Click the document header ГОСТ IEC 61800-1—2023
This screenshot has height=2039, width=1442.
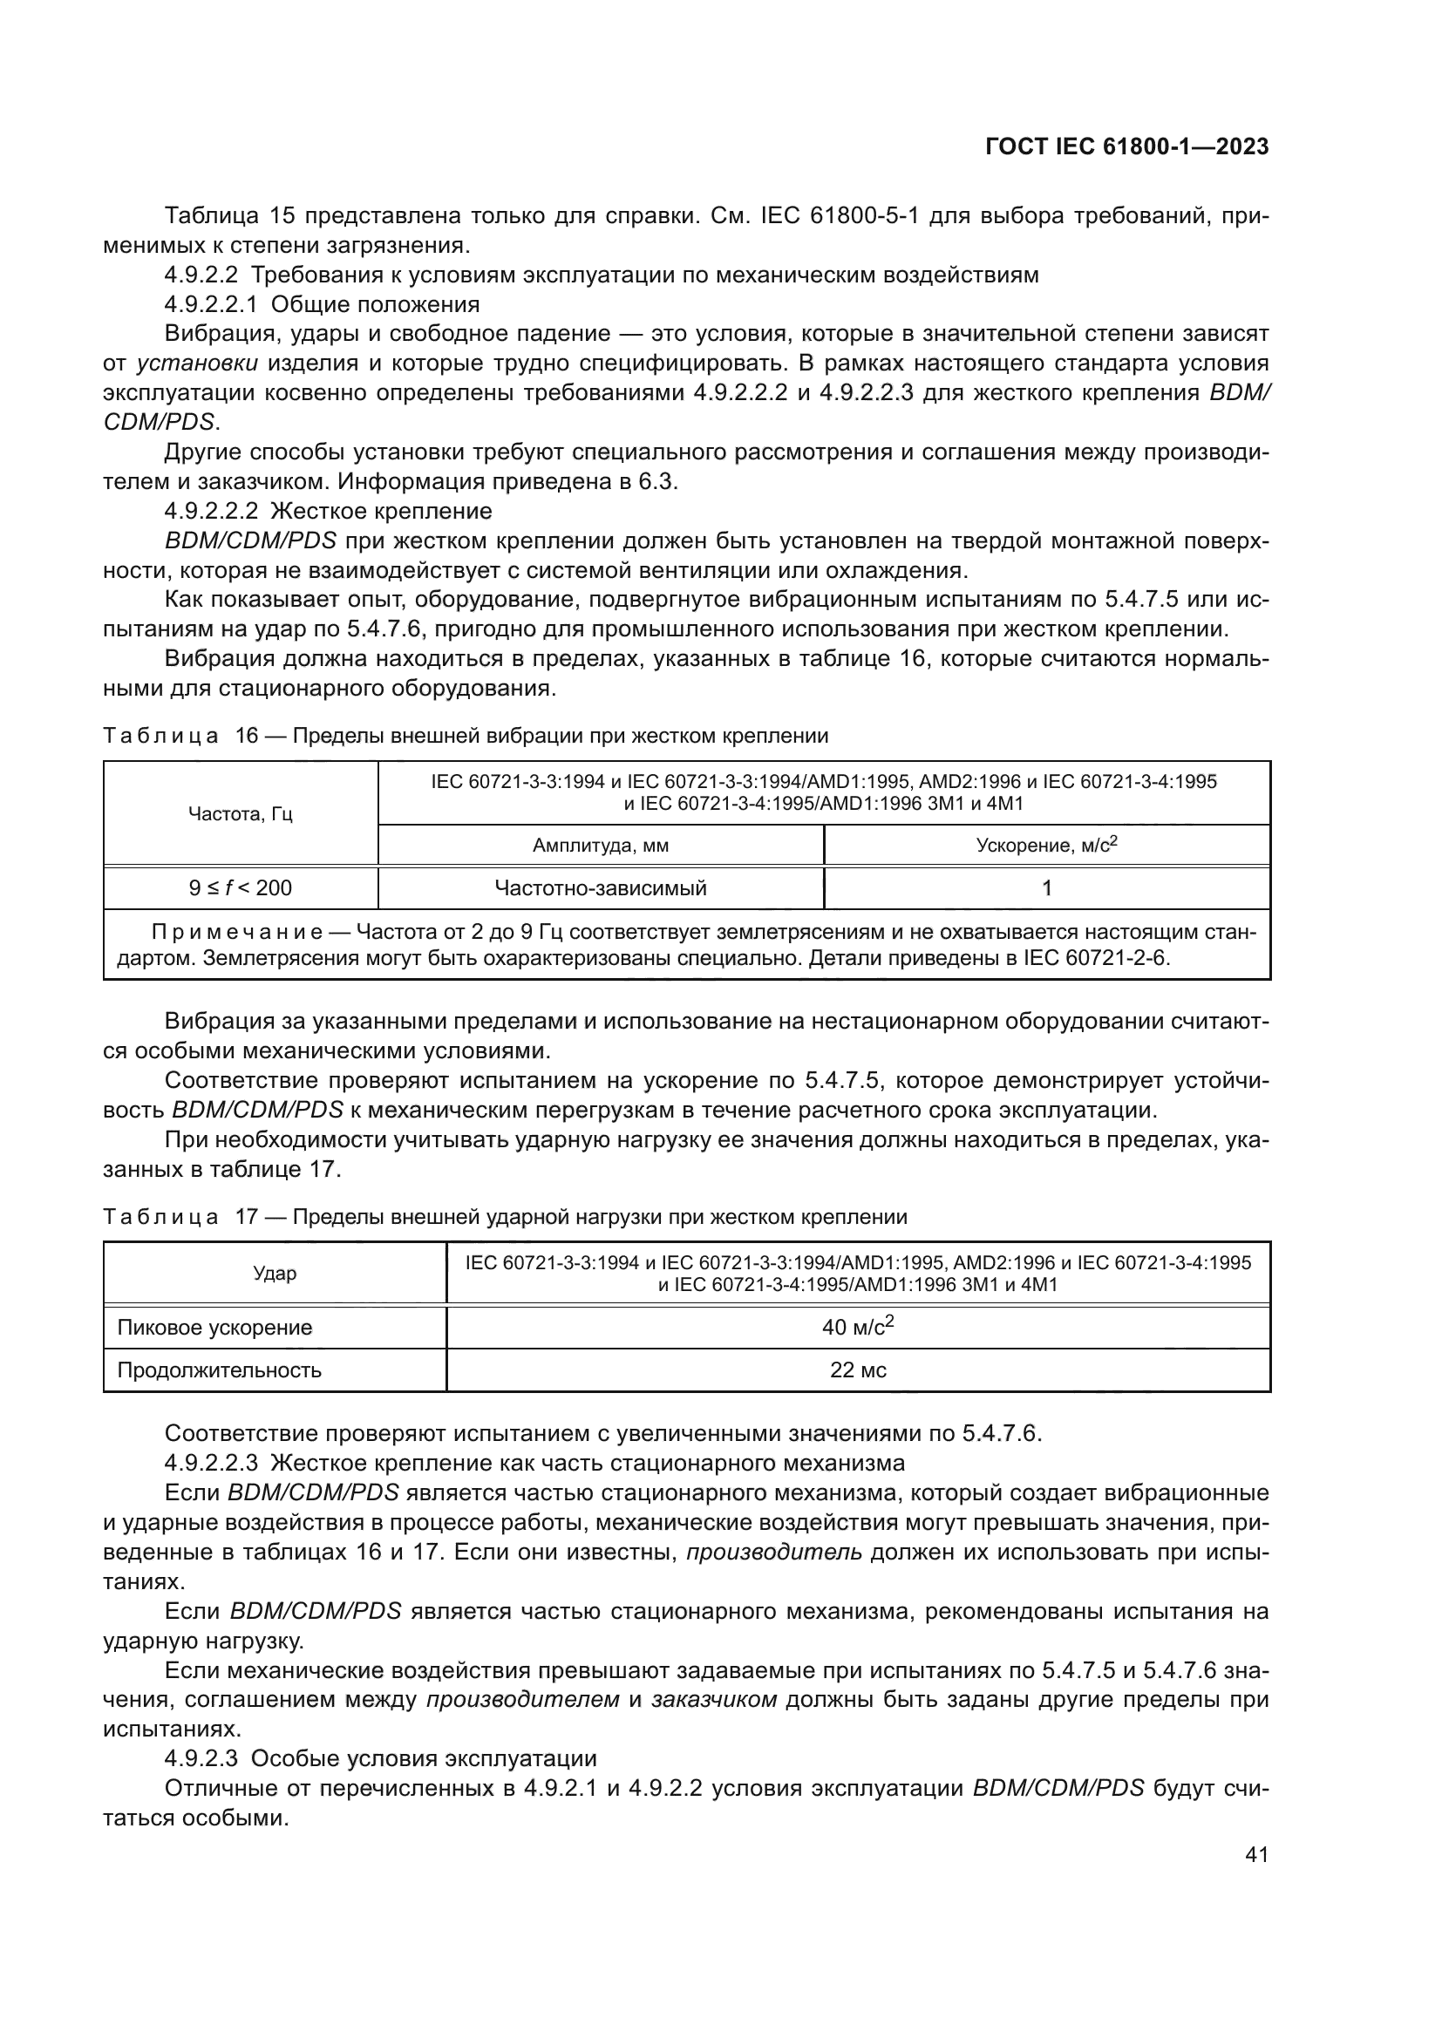tap(1126, 146)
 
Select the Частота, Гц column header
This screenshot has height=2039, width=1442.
tap(241, 813)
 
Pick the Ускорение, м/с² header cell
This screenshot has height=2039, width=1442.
tap(1046, 846)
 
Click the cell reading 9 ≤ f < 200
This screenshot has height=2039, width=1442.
tap(241, 888)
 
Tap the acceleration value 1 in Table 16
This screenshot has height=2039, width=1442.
tap(1046, 888)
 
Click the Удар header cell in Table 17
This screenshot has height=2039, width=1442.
tap(275, 1274)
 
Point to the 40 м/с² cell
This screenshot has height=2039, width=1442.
tap(858, 1328)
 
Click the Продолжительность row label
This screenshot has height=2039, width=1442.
tap(220, 1370)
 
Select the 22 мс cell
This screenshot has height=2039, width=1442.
tap(858, 1370)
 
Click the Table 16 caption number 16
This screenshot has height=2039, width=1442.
tap(246, 737)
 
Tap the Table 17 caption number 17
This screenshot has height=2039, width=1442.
tap(246, 1217)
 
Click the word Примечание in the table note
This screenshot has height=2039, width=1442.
tap(237, 933)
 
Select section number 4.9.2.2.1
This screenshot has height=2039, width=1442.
tap(210, 304)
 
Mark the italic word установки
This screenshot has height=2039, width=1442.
tap(197, 364)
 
